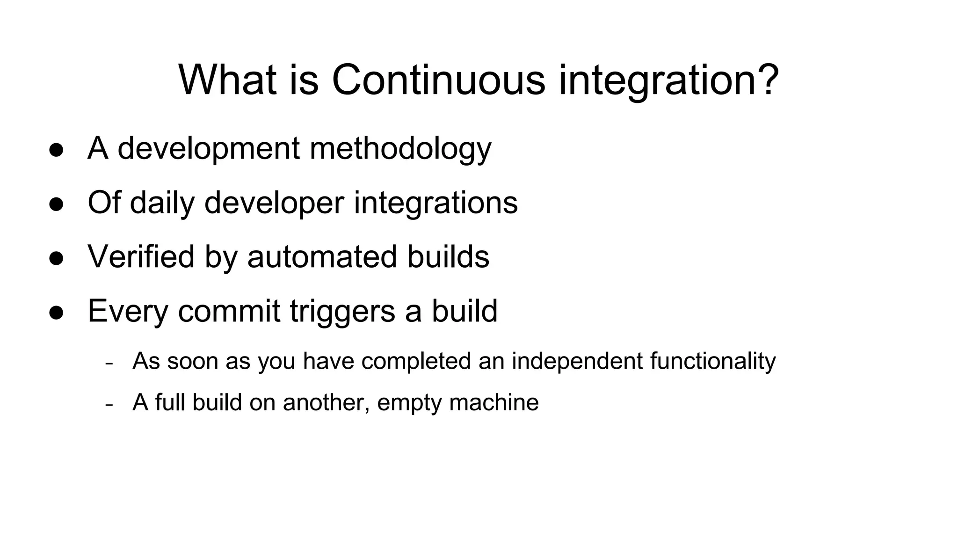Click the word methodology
400,149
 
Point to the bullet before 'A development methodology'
56,151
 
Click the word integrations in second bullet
435,203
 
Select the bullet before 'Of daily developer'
56,205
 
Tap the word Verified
141,257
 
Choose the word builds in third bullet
448,257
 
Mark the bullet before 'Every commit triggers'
56,313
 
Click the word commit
229,311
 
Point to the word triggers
342,311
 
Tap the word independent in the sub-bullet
577,361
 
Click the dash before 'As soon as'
109,364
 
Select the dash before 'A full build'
109,405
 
